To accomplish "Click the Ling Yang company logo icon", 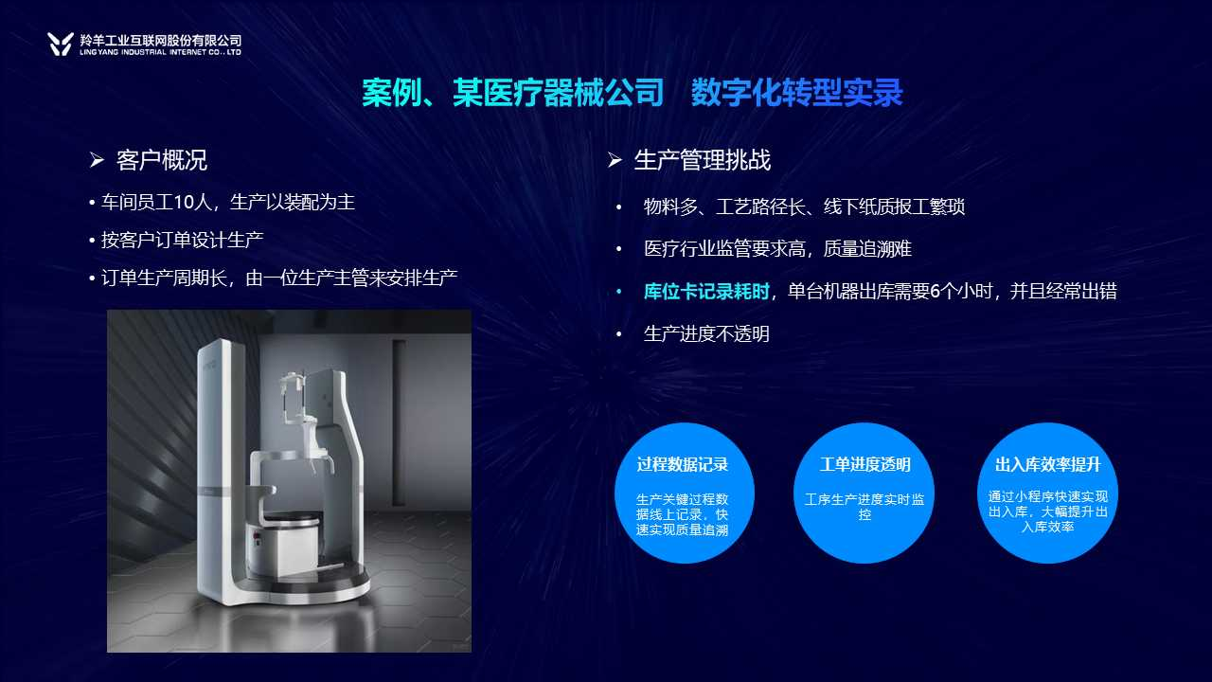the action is pyautogui.click(x=60, y=44).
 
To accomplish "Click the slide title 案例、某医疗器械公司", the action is pyautogui.click(x=513, y=93).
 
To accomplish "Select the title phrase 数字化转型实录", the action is pyautogui.click(x=797, y=93).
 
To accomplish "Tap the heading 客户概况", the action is pyautogui.click(x=162, y=160).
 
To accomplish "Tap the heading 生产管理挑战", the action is pyautogui.click(x=703, y=160).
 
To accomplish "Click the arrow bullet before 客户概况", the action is pyautogui.click(x=97, y=160).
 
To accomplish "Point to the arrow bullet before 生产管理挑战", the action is pyautogui.click(x=615, y=160).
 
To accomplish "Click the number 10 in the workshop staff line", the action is pyautogui.click(x=184, y=203).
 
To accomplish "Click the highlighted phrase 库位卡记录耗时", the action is pyautogui.click(x=706, y=291).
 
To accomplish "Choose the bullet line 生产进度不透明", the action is pyautogui.click(x=706, y=333).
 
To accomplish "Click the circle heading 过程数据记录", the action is pyautogui.click(x=683, y=464).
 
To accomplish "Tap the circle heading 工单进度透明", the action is pyautogui.click(x=864, y=464).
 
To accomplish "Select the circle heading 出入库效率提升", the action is pyautogui.click(x=1047, y=464).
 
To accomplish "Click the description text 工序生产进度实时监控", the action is pyautogui.click(x=864, y=507).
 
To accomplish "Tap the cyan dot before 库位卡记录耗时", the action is pyautogui.click(x=619, y=293).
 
